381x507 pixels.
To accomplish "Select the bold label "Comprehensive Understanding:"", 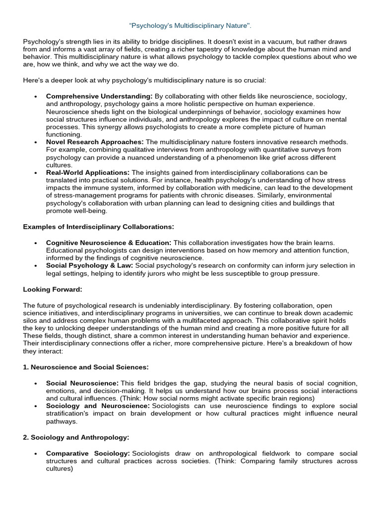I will (99, 96).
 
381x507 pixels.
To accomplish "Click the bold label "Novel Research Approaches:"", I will (95, 142).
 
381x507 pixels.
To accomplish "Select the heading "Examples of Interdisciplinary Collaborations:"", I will (99, 227).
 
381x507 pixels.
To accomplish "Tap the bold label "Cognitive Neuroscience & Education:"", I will (109, 242).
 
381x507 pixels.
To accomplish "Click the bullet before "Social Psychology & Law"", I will (35, 266).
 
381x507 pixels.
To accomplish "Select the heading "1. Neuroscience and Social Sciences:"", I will (86, 367).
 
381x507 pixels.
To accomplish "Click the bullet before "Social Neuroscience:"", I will (35, 383).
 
